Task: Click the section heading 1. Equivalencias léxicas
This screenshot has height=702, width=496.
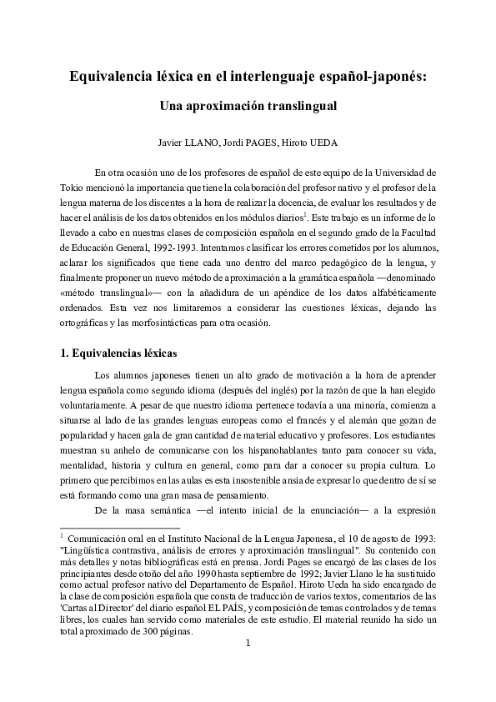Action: click(x=119, y=353)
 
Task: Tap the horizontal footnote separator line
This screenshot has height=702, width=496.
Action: click(x=121, y=527)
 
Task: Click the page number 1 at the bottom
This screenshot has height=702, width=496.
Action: click(x=248, y=643)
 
